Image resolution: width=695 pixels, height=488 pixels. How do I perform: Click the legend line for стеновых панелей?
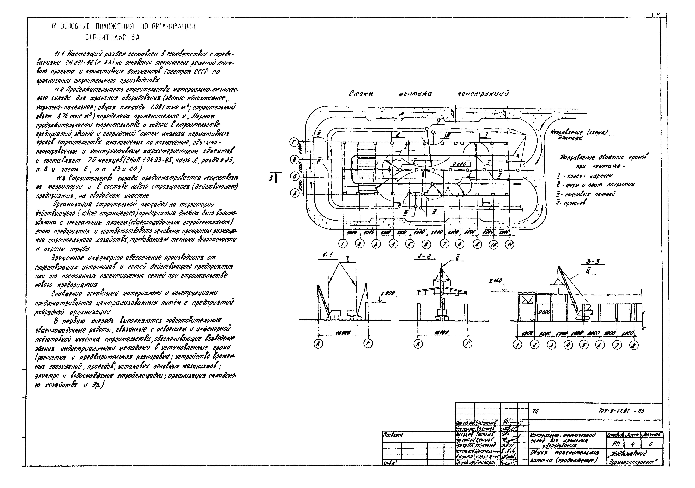586,194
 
